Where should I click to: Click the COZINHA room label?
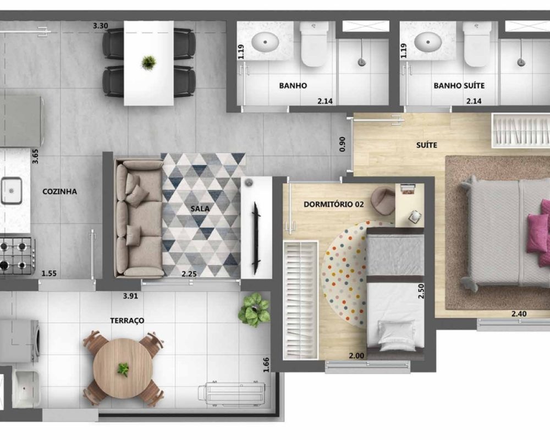coord(59,191)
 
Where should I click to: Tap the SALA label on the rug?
coord(200,208)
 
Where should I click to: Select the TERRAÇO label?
coord(127,321)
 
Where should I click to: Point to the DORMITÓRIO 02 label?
coord(334,204)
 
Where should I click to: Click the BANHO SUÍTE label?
coord(459,86)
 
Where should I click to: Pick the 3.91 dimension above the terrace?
coord(130,296)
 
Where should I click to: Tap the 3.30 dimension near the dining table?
coord(100,26)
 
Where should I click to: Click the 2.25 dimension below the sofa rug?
coord(189,274)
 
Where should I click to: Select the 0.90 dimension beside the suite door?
coord(342,144)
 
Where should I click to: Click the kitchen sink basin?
coord(11,191)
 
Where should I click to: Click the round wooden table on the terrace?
coord(123,368)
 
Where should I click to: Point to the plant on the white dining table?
coord(148,63)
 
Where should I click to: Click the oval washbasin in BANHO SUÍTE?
coord(427,42)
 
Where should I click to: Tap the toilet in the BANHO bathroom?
coord(314,44)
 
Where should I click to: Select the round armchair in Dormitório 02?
coord(383,201)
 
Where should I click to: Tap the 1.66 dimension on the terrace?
coord(266,365)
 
